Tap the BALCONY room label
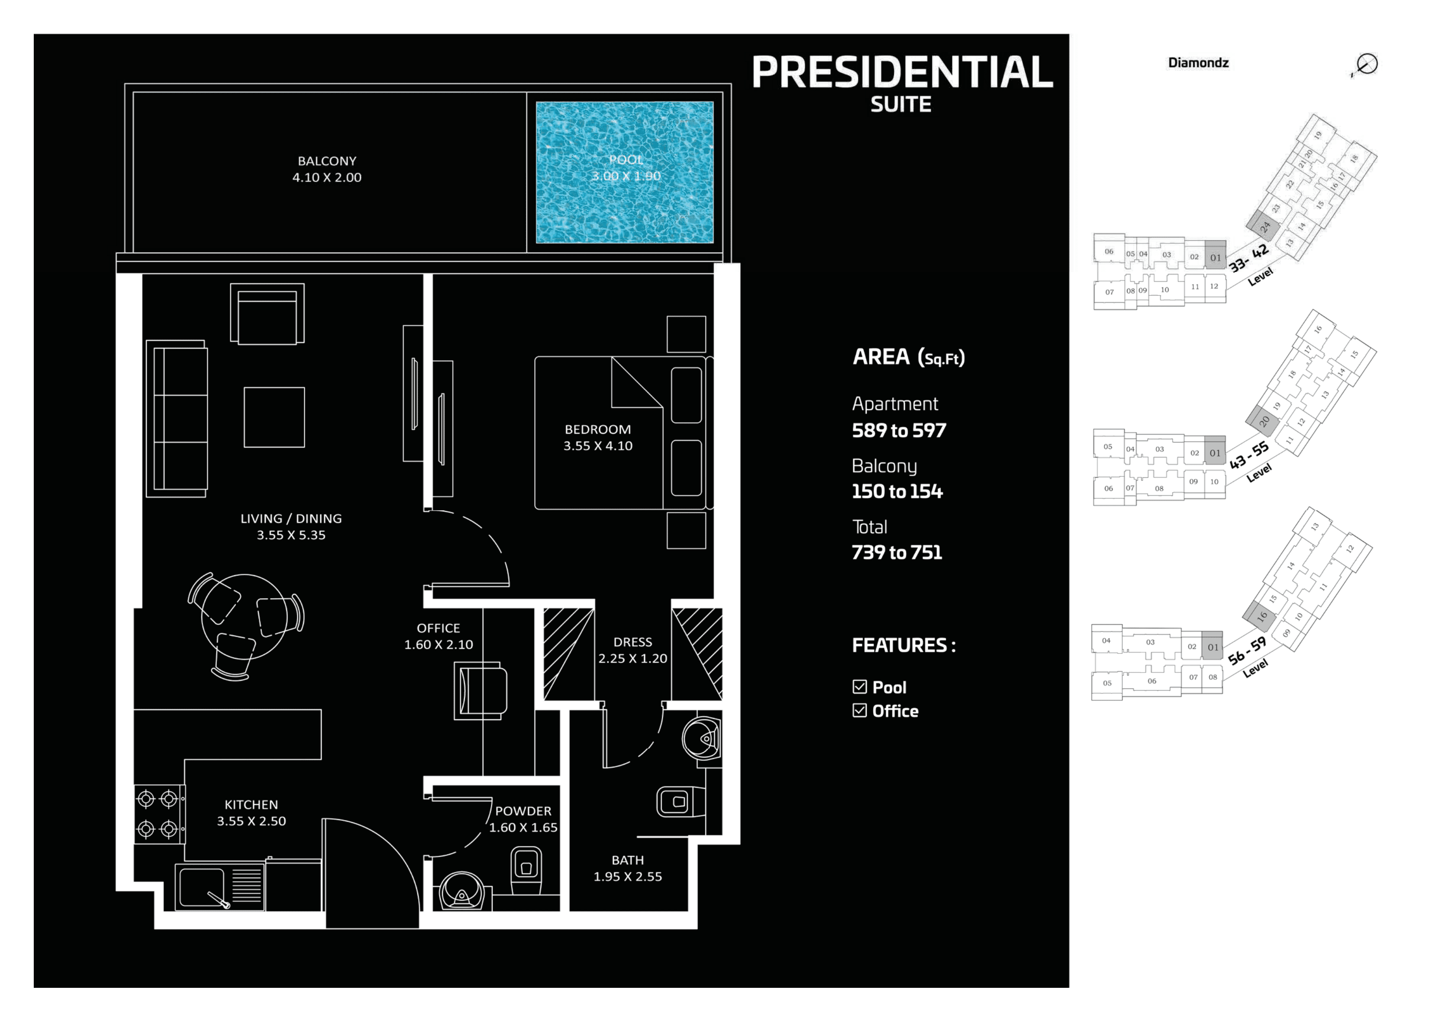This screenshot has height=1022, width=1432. click(x=327, y=161)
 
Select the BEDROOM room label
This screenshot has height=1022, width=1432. click(x=598, y=429)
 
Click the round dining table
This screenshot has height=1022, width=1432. click(x=244, y=617)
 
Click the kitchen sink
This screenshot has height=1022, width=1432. click(x=202, y=887)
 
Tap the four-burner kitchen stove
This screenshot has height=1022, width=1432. click(x=160, y=814)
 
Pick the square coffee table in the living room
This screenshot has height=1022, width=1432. click(x=274, y=417)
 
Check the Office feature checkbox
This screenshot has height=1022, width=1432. click(x=860, y=711)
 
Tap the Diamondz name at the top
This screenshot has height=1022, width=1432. click(x=1198, y=63)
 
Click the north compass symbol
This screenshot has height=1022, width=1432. click(x=1366, y=64)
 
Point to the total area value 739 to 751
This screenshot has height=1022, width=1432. click(x=897, y=553)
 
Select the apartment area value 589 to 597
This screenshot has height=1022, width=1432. click(x=899, y=430)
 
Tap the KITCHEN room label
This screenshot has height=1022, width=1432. click(x=251, y=804)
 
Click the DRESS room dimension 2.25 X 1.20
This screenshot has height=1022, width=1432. click(x=632, y=658)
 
